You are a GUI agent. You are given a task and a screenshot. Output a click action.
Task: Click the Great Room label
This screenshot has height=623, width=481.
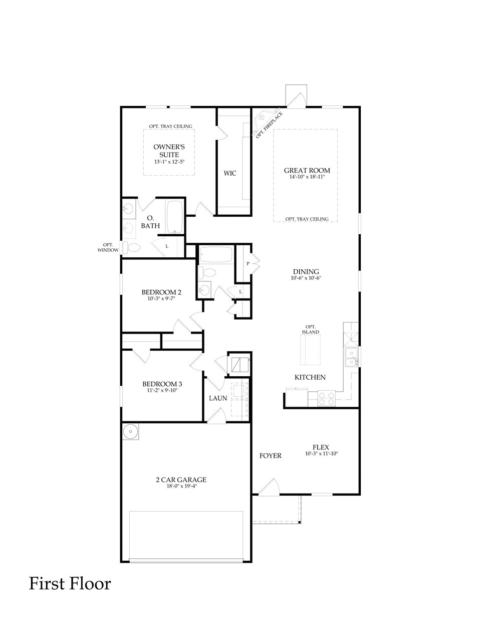307,171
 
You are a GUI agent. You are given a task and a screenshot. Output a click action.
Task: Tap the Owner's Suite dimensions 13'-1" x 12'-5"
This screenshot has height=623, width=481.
169,162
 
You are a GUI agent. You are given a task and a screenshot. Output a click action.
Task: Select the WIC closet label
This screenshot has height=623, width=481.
230,173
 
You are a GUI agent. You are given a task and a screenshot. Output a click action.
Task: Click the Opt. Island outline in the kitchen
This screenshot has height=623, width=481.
310,350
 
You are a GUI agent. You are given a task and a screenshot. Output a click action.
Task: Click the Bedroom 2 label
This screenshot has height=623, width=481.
161,292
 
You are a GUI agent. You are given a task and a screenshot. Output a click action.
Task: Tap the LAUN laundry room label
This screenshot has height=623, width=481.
218,398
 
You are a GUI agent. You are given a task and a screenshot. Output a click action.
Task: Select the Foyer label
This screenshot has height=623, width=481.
270,455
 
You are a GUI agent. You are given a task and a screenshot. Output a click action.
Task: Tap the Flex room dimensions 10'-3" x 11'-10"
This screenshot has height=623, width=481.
321,454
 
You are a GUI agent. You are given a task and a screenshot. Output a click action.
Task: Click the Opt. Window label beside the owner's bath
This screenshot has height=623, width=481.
108,247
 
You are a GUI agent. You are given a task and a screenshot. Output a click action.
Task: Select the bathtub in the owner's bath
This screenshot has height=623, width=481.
175,217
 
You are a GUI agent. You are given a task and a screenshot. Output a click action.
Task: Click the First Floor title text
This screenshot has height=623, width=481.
70,583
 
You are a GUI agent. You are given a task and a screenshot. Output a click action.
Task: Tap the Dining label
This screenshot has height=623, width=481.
306,272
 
